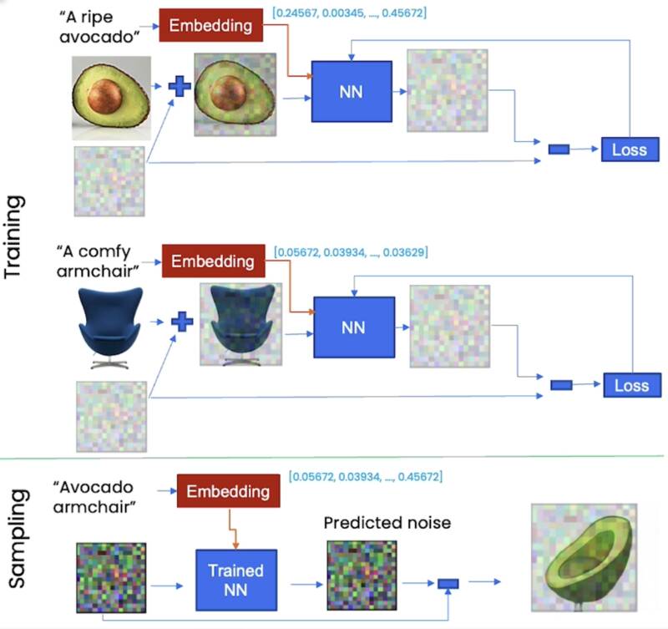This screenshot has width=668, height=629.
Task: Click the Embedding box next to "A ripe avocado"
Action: pyautogui.click(x=211, y=25)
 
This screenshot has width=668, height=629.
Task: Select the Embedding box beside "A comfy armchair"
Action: pyautogui.click(x=213, y=261)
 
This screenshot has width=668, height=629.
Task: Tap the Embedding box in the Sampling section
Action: pyautogui.click(x=228, y=491)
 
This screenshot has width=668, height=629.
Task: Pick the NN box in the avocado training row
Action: pyautogui.click(x=352, y=92)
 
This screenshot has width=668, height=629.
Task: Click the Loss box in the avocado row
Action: pyautogui.click(x=630, y=150)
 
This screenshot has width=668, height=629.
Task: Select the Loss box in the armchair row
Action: pyautogui.click(x=631, y=385)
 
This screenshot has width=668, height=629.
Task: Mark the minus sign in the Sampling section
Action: pyautogui.click(x=448, y=584)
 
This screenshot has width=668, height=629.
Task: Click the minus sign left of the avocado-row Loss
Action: pyautogui.click(x=559, y=150)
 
